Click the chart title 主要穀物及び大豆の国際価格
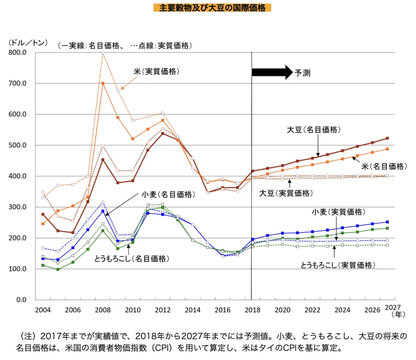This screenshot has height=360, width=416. (212, 8)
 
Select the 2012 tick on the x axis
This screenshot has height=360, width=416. (162, 310)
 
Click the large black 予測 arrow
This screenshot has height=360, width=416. (272, 72)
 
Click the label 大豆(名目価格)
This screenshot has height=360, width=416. (313, 130)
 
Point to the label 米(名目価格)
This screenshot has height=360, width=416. (383, 166)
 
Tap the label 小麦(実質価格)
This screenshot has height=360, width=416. (338, 212)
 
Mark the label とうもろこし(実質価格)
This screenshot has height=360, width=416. (338, 265)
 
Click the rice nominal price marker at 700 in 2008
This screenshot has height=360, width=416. (103, 83)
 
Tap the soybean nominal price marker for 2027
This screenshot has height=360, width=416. (387, 138)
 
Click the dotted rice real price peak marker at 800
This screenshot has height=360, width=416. (103, 53)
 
